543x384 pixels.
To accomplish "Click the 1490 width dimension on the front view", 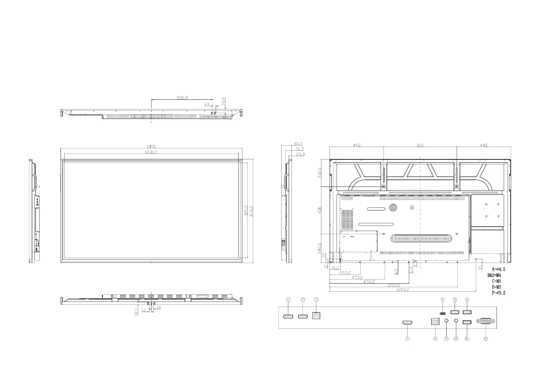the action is click(x=152, y=147).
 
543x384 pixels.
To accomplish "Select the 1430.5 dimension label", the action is click(x=151, y=152).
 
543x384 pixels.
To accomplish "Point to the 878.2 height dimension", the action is click(x=252, y=211).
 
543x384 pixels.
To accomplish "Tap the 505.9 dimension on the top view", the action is click(x=182, y=97).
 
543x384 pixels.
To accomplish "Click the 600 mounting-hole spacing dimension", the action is click(x=420, y=145).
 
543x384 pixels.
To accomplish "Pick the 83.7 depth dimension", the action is click(x=299, y=144).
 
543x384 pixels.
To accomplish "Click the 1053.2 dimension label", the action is click(x=393, y=285).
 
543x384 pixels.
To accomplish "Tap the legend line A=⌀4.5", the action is click(x=499, y=269).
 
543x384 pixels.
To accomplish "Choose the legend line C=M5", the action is click(x=496, y=281).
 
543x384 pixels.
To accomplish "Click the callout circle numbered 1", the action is click(x=288, y=299).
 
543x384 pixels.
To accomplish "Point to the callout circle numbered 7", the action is click(x=407, y=339).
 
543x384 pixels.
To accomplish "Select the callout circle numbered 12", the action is click(x=486, y=339).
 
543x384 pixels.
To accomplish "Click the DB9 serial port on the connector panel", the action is click(x=486, y=321).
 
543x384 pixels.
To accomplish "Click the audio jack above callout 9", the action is click(x=447, y=321).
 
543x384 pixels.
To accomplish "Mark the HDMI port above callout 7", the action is click(x=408, y=323).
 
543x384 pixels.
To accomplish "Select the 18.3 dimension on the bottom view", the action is click(x=136, y=312).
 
